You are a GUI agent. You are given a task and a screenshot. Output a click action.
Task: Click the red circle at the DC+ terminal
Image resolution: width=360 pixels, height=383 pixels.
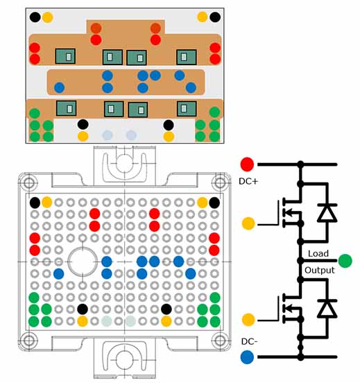pyautogui.click(x=246, y=164)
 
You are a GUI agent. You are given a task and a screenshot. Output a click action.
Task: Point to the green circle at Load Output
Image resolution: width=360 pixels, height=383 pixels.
pyautogui.click(x=345, y=262)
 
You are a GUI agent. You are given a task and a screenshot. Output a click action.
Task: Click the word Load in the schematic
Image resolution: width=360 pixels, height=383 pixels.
pyautogui.click(x=319, y=254)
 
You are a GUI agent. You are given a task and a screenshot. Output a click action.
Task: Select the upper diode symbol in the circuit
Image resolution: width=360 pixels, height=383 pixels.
pyautogui.click(x=324, y=213)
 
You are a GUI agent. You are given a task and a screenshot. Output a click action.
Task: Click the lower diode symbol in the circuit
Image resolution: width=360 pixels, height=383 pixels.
pyautogui.click(x=324, y=309)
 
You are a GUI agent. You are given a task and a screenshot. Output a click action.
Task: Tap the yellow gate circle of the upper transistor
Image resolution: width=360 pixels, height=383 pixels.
pyautogui.click(x=247, y=223)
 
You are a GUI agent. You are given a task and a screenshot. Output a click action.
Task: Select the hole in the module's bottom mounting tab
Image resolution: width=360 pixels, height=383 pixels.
pyautogui.click(x=123, y=360)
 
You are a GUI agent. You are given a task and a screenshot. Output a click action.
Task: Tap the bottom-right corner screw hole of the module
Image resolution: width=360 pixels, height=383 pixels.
pyautogui.click(x=220, y=341)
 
